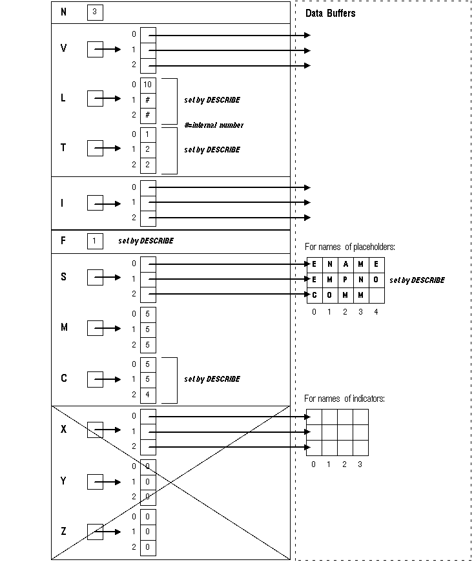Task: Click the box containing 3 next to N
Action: coord(95,12)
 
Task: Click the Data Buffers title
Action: coord(330,13)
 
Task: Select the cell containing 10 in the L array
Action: coord(148,85)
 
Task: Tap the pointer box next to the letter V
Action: coord(95,49)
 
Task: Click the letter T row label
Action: coord(63,148)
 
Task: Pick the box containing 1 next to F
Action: coord(95,241)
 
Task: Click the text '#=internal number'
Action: coord(214,125)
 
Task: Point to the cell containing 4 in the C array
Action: coord(148,394)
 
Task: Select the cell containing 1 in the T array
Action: coord(148,134)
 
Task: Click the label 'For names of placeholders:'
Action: coord(349,247)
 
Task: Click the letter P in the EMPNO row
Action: coord(345,280)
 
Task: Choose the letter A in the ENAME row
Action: coord(345,264)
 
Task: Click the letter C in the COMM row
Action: coord(314,295)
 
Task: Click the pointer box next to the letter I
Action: coord(95,203)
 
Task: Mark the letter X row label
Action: coord(63,430)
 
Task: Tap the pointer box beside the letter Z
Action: coord(95,532)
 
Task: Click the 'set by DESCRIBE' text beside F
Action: coord(146,241)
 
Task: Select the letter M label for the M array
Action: coord(64,328)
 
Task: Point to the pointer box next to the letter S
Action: coord(95,278)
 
